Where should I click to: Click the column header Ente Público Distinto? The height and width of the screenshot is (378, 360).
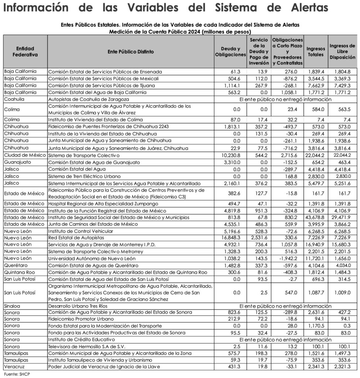pyautogui.click(x=131, y=52)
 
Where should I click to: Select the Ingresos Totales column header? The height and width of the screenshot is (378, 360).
pyautogui.click(x=315, y=52)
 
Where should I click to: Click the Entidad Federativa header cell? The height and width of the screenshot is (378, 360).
pyautogui.click(x=25, y=52)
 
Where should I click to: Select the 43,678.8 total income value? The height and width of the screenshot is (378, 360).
pyautogui.click(x=315, y=217)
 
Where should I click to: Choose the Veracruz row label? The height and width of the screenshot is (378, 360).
pyautogui.click(x=14, y=367)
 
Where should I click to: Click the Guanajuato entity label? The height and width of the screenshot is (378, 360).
pyautogui.click(x=18, y=162)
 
